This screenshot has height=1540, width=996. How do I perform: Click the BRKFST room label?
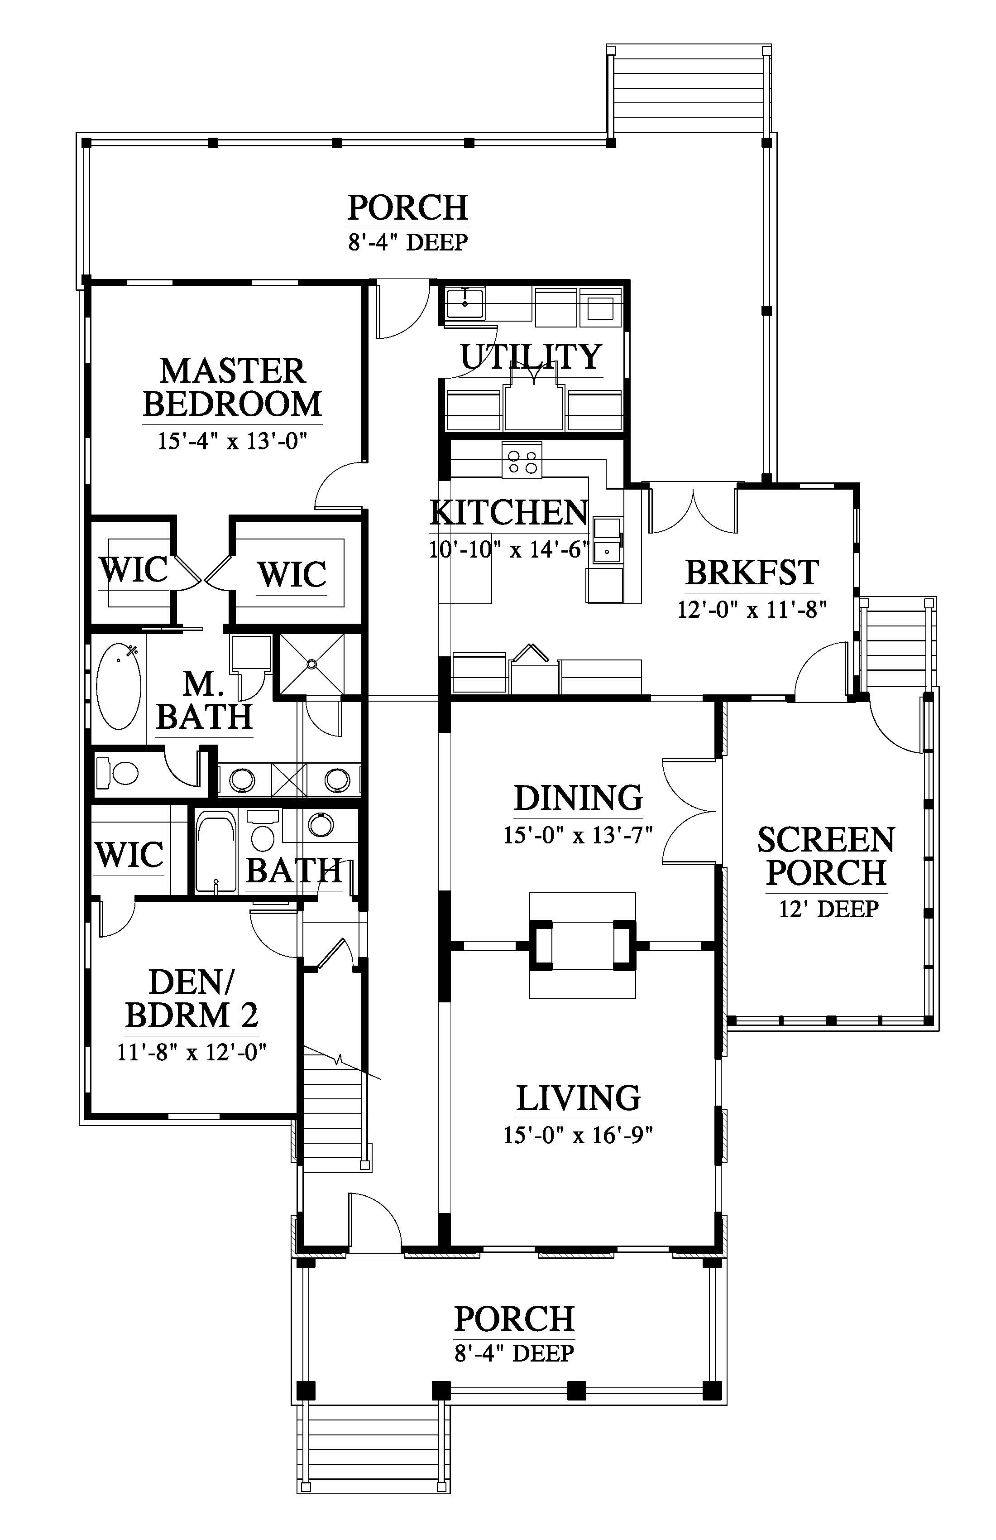pyautogui.click(x=752, y=572)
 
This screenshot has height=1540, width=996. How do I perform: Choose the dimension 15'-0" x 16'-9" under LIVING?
pyautogui.click(x=578, y=1135)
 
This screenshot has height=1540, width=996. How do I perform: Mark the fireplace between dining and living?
pyautogui.click(x=582, y=945)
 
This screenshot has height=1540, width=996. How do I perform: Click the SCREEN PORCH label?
pyautogui.click(x=826, y=856)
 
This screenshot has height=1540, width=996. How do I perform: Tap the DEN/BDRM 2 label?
pyautogui.click(x=192, y=999)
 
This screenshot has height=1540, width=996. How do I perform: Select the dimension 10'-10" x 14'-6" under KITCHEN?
pyautogui.click(x=509, y=549)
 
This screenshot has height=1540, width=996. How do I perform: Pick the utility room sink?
pyautogui.click(x=465, y=303)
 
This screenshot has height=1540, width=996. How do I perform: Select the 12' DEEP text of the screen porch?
pyautogui.click(x=828, y=909)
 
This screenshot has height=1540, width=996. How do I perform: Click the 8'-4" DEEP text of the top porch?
pyautogui.click(x=407, y=242)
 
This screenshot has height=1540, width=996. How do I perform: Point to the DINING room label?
pyautogui.click(x=578, y=798)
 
